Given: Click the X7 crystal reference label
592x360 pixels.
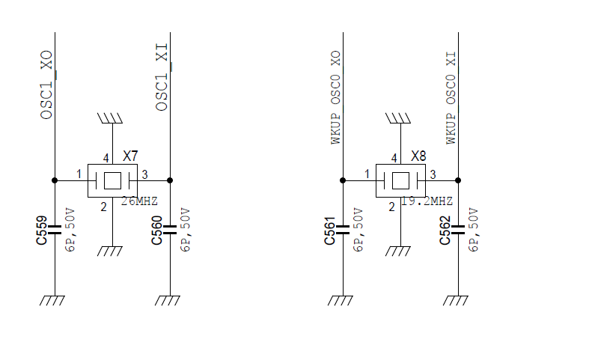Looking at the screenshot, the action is (x=131, y=156).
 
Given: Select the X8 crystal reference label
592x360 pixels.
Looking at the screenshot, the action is (x=418, y=156).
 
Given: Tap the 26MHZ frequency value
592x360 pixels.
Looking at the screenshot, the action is (x=139, y=201).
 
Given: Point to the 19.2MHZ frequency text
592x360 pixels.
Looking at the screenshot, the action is (x=427, y=201).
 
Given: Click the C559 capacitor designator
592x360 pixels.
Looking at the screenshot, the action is (x=42, y=231).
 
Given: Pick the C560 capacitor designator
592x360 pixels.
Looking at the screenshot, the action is (x=157, y=231).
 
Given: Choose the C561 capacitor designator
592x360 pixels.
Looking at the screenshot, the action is (x=329, y=231).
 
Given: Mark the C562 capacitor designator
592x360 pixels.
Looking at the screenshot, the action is (x=445, y=231).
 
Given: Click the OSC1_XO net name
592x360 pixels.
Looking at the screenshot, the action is (x=46, y=85).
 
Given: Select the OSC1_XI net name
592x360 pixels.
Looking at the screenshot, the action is (x=162, y=77).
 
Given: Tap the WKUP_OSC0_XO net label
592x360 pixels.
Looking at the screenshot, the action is (x=335, y=98).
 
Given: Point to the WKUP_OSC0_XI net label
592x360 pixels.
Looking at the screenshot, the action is (x=451, y=98).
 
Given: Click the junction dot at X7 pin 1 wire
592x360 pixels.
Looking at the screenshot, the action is (x=55, y=180).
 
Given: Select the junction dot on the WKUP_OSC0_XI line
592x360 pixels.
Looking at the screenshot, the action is (x=458, y=180).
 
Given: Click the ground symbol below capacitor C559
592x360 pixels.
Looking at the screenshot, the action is (x=52, y=300).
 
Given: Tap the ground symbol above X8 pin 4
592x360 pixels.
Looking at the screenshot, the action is (x=398, y=118).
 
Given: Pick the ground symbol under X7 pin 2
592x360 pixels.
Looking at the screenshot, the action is (x=110, y=251).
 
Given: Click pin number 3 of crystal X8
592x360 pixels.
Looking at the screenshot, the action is (x=433, y=174).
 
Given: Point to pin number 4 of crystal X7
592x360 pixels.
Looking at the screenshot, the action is (x=106, y=158).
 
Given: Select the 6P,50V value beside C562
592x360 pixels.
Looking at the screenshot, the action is (x=474, y=230).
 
